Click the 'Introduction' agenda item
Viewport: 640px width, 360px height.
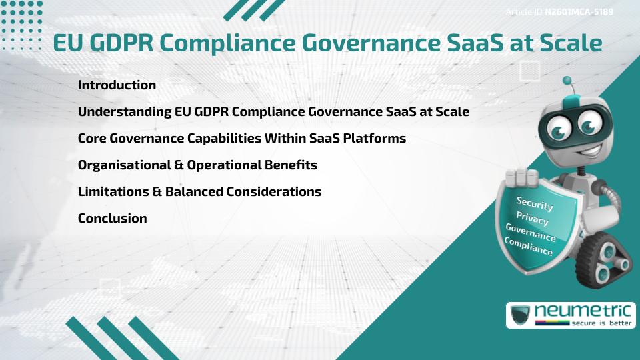[117, 85]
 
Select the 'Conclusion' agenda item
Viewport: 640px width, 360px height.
[112, 218]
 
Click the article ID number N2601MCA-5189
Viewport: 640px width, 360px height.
[579, 11]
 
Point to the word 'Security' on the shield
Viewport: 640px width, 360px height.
[535, 203]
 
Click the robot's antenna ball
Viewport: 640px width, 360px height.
[568, 81]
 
